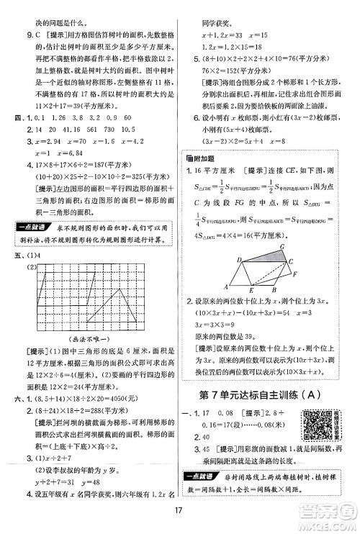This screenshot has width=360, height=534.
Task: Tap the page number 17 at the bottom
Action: click(181, 515)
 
